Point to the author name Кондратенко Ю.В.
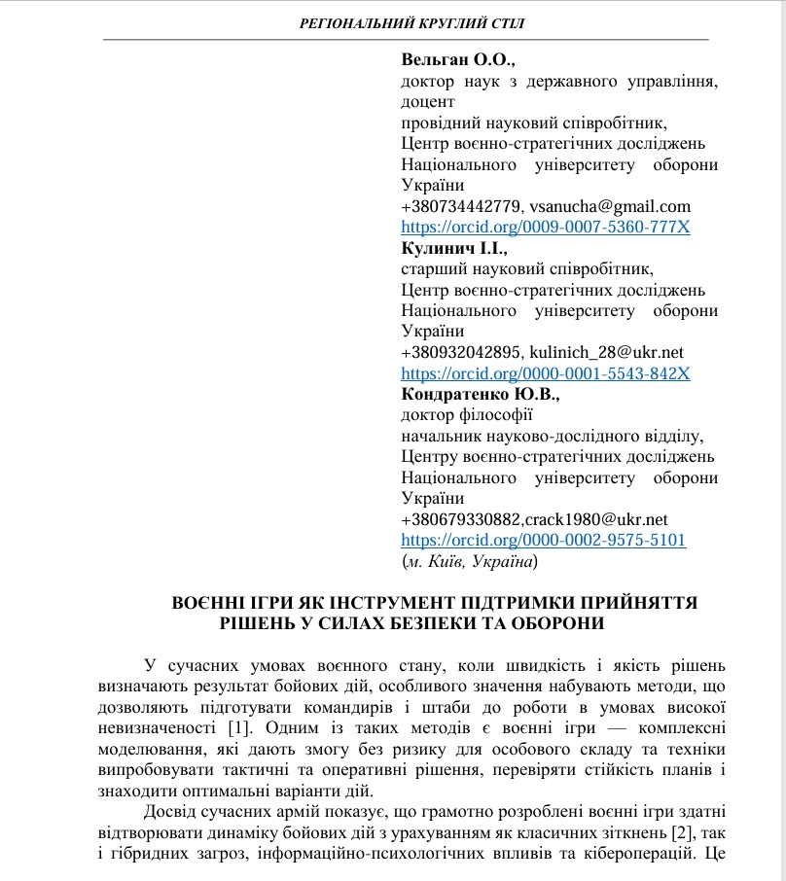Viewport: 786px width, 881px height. (481, 394)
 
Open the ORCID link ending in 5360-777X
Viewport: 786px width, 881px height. (546, 228)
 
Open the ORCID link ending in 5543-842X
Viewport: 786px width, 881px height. (546, 373)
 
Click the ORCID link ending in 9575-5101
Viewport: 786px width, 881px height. (544, 541)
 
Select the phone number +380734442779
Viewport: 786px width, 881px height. (462, 206)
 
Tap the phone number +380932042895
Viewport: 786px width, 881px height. (462, 352)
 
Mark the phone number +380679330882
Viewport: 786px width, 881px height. (462, 519)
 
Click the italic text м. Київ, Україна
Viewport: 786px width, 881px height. (469, 562)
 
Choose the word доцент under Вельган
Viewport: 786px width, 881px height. (427, 101)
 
